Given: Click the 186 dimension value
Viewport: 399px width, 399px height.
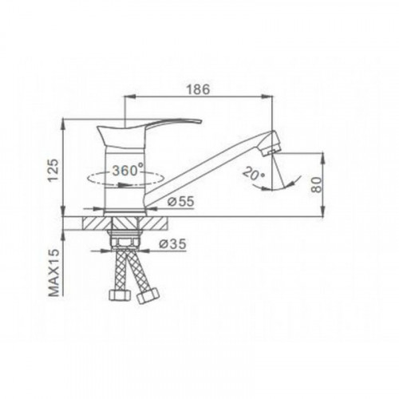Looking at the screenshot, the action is click(x=198, y=89).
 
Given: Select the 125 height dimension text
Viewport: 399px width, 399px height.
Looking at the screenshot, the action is click(x=53, y=170).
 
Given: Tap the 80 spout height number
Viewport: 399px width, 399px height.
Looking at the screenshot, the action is click(x=316, y=184).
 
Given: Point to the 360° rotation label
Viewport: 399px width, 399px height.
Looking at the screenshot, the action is click(x=128, y=170).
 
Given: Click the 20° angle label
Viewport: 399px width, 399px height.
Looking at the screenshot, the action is click(x=254, y=174).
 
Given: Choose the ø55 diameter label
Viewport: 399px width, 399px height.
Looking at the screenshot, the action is click(x=181, y=202).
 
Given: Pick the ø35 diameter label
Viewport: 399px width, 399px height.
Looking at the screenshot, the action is click(x=173, y=243).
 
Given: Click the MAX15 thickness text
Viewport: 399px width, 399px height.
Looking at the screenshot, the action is click(x=54, y=273).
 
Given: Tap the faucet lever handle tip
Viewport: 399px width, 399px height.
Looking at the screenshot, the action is click(x=200, y=122).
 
